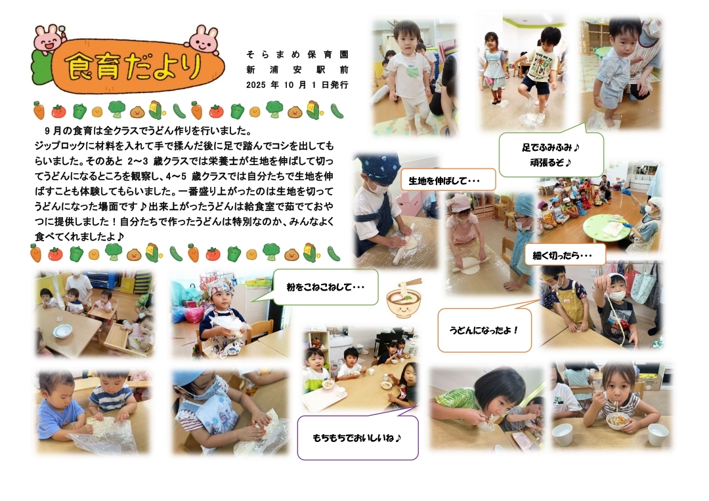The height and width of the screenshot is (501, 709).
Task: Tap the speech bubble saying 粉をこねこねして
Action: coord(325,287)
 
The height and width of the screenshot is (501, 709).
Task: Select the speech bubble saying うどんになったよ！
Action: coord(484,331)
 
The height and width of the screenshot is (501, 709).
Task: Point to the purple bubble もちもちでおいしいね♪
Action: coord(358,437)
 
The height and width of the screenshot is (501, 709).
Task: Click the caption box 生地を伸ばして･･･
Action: coord(448,181)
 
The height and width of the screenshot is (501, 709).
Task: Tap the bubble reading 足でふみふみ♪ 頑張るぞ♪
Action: coord(551,154)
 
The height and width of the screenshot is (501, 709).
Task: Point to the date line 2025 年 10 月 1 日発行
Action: coord(297,85)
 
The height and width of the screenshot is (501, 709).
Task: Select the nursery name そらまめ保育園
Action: coord(297,54)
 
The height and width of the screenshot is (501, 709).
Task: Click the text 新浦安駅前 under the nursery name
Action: coord(297,70)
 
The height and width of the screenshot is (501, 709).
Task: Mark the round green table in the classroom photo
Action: coord(605,229)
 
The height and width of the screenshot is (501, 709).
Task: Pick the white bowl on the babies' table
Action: coord(62,332)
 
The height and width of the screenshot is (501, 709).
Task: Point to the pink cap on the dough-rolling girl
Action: coord(460,201)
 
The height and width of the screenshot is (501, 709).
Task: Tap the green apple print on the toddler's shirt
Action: coord(412,71)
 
